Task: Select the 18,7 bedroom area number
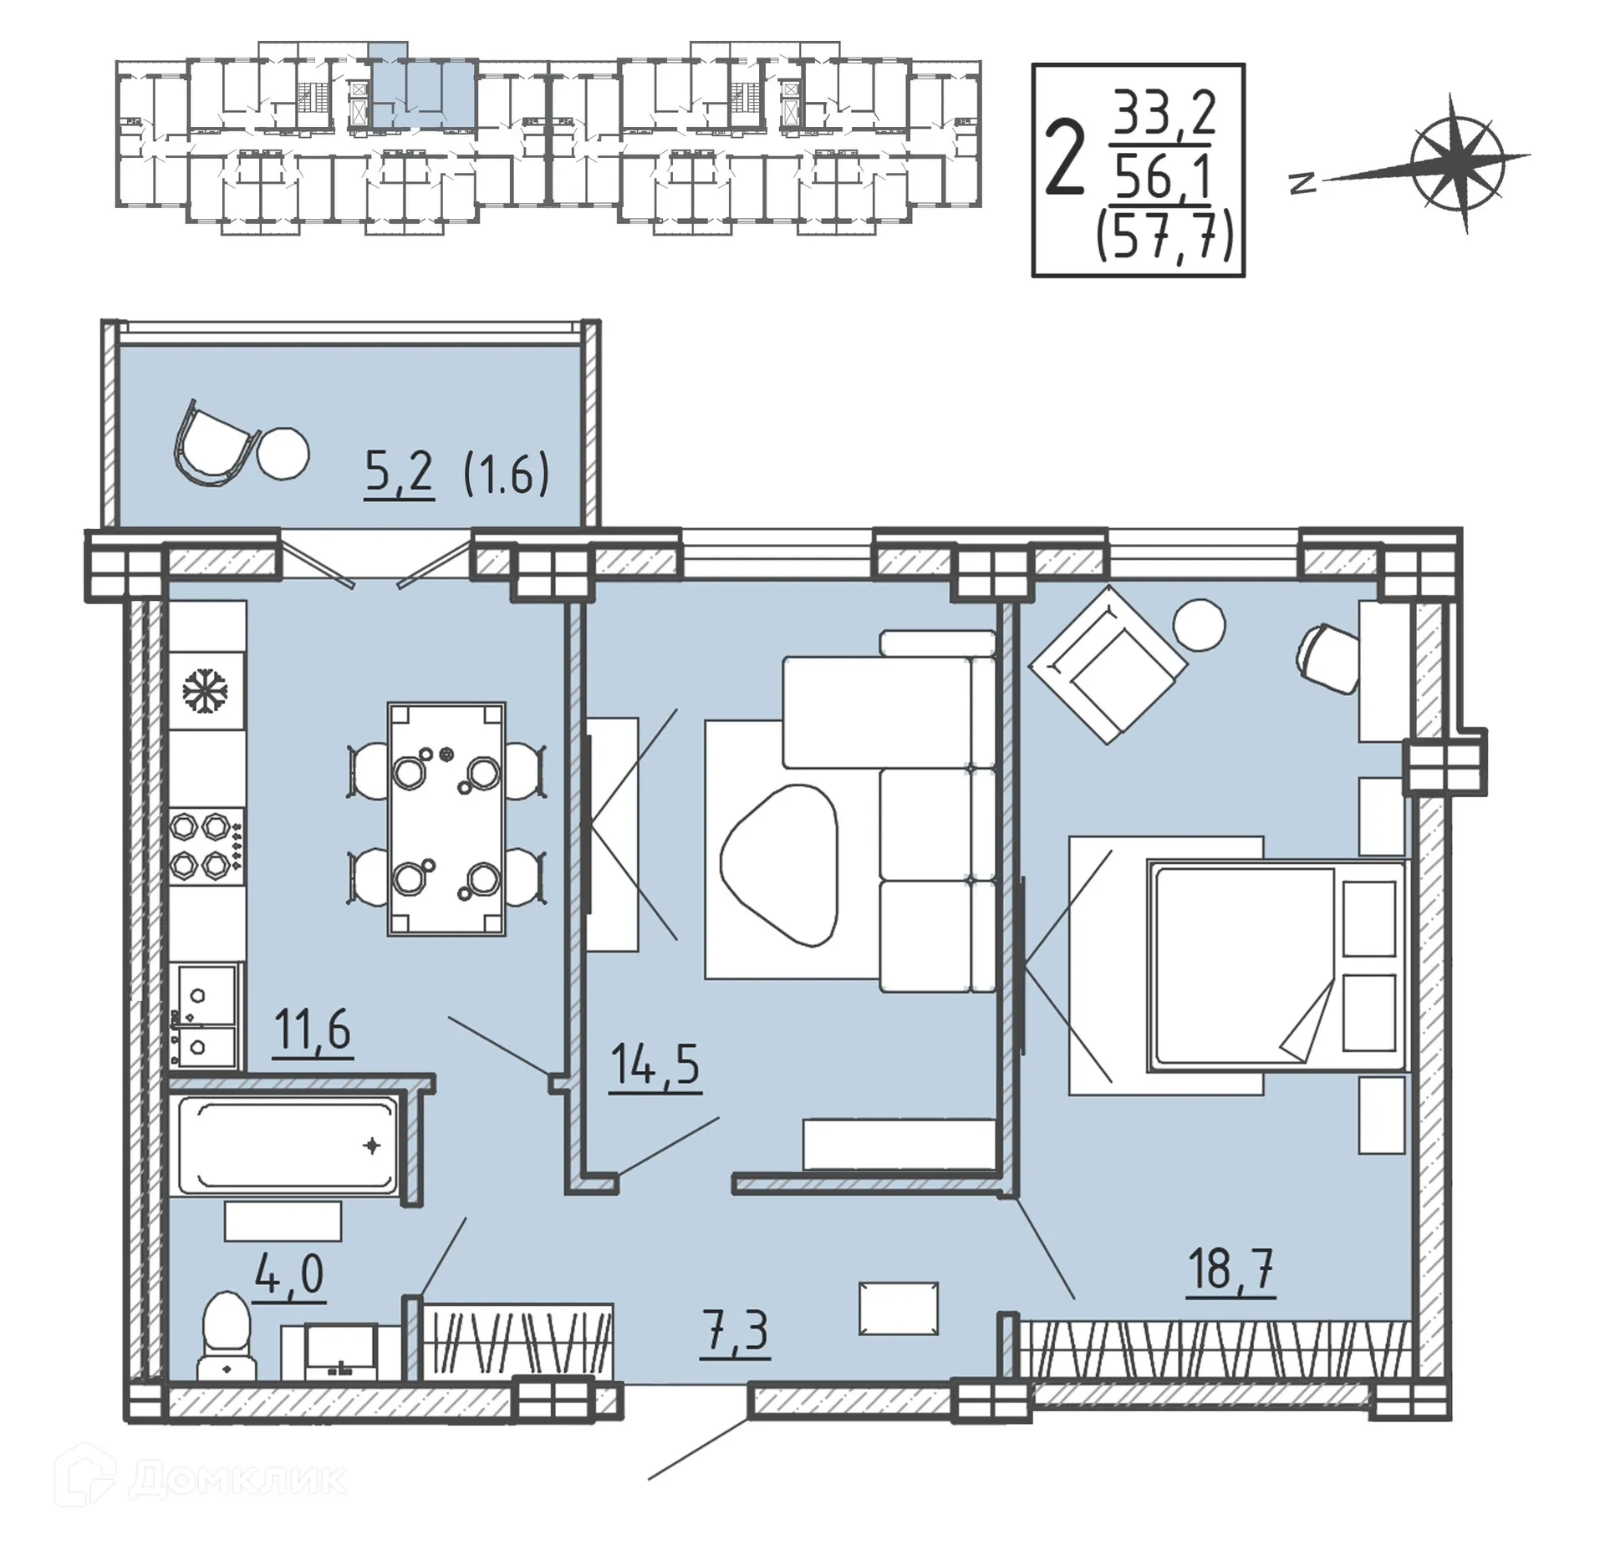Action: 1230,1269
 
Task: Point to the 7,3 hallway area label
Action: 736,1330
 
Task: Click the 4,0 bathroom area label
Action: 288,1275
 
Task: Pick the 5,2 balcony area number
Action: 399,473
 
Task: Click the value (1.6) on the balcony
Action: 507,474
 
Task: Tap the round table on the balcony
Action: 283,454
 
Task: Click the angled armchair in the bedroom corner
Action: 1107,663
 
